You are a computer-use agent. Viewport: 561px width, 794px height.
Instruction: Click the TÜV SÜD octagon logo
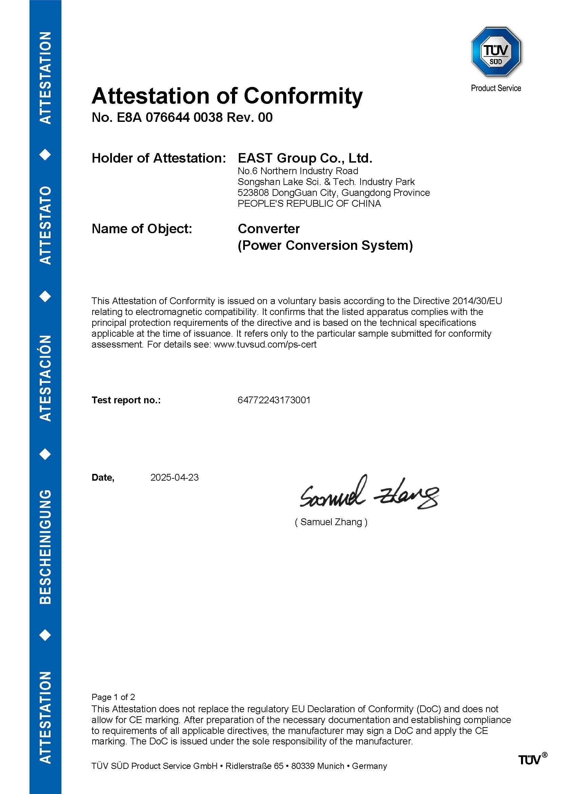point(496,52)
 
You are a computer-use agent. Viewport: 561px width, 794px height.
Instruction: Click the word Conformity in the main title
point(303,96)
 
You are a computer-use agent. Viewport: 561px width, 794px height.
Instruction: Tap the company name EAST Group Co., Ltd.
point(305,158)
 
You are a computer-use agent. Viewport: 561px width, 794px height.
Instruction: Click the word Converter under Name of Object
point(268,228)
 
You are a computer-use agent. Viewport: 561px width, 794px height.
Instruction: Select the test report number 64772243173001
point(274,400)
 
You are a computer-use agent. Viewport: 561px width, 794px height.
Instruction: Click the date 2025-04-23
point(174,478)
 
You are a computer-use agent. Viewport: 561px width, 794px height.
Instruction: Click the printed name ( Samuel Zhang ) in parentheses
point(331,522)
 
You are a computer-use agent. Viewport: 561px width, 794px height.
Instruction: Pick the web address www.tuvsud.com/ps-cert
point(265,345)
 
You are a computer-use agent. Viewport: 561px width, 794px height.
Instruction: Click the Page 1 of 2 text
point(113,697)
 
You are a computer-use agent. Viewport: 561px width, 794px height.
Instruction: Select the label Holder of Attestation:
point(158,158)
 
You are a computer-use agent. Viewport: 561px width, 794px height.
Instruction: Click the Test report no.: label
point(126,400)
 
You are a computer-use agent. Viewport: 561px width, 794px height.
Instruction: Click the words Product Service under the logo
point(496,88)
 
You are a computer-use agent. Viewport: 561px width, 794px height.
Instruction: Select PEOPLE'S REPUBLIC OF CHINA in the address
point(309,203)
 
